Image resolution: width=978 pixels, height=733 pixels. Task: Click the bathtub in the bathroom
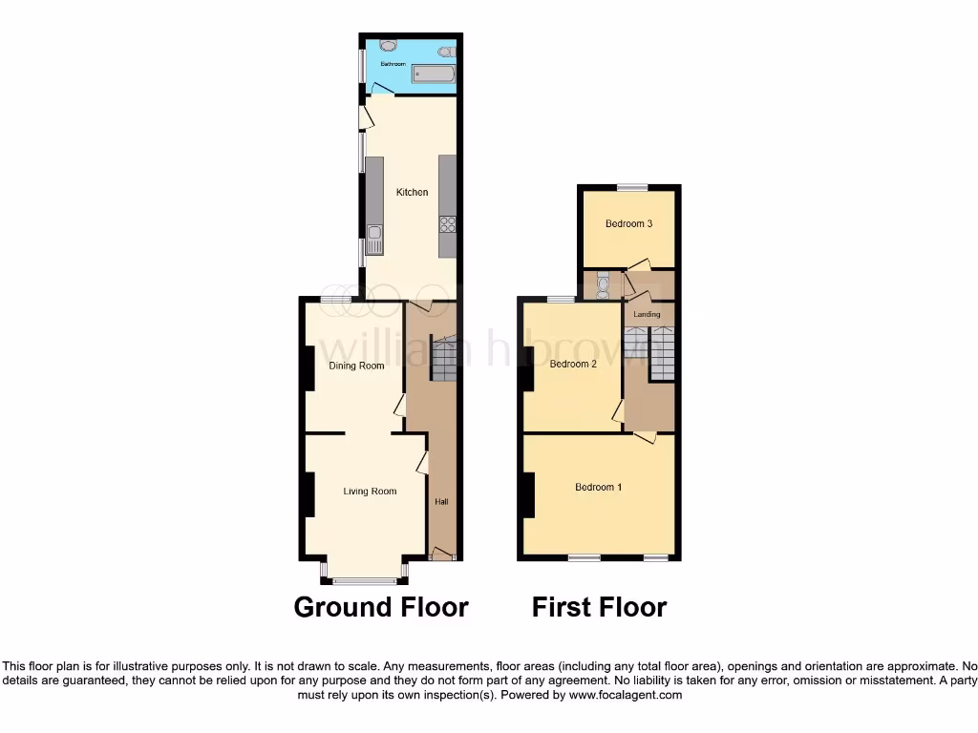click(x=433, y=74)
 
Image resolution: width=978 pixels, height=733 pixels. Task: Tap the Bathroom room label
click(x=393, y=64)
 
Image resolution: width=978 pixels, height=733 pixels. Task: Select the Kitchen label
click(x=413, y=193)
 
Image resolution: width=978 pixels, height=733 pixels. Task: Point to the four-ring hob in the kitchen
click(x=447, y=225)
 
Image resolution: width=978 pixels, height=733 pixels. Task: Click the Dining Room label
click(x=356, y=366)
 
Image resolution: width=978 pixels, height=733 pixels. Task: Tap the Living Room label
click(x=370, y=492)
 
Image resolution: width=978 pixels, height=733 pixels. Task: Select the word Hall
click(x=441, y=502)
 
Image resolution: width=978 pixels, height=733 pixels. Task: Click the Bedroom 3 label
click(x=628, y=224)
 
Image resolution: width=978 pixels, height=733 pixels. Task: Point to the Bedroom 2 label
click(x=573, y=364)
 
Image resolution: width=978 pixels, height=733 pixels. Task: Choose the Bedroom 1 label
click(x=598, y=487)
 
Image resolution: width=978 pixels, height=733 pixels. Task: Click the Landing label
click(x=648, y=314)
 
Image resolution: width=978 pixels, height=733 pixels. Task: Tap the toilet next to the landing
click(x=602, y=283)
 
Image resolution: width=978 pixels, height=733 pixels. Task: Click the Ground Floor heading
click(x=381, y=607)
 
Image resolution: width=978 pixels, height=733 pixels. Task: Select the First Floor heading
click(x=599, y=607)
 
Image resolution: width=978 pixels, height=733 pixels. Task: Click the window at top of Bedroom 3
click(x=630, y=187)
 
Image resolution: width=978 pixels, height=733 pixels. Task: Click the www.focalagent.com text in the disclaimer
click(x=626, y=696)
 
